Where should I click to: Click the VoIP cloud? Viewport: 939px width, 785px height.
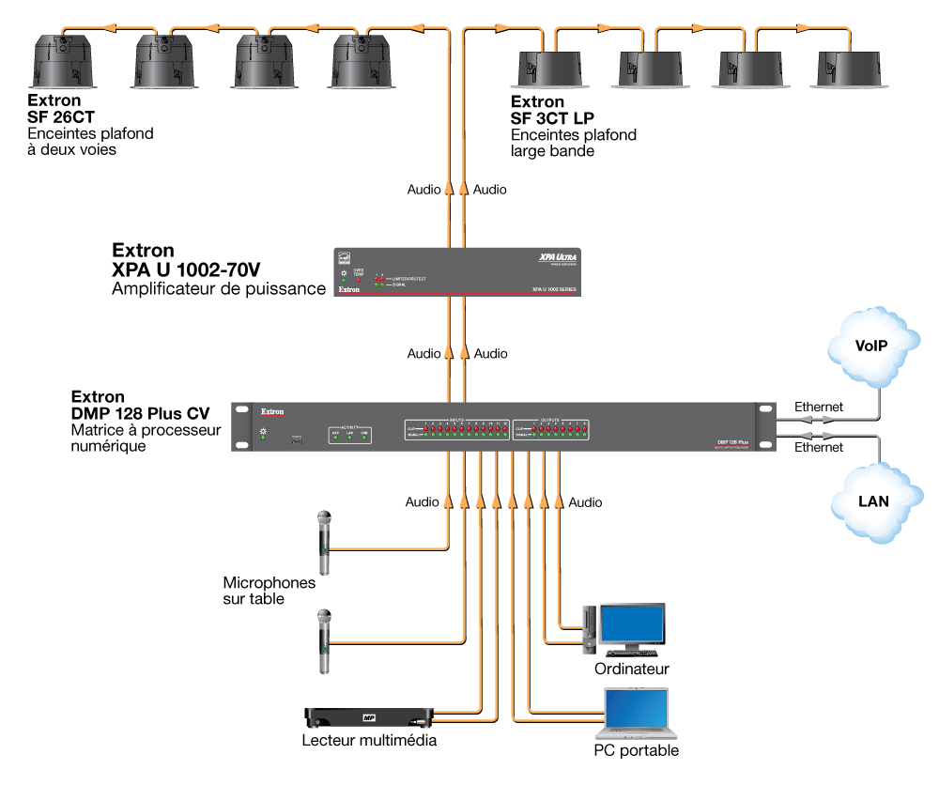(871, 346)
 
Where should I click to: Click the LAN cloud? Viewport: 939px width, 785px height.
(872, 502)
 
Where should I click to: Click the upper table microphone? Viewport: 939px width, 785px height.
(324, 542)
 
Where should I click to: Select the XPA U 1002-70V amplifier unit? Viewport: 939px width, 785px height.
(459, 271)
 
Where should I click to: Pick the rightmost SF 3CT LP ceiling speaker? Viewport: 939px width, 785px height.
(852, 69)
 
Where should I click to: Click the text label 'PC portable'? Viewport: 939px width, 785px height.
(636, 750)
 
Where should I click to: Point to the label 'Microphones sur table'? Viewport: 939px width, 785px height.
(269, 591)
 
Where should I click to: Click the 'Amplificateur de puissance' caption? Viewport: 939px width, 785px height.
(219, 289)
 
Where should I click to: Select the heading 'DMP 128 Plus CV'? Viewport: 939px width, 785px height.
(140, 413)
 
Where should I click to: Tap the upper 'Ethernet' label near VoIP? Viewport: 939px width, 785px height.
(819, 407)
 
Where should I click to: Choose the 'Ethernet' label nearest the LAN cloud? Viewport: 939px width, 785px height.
(819, 448)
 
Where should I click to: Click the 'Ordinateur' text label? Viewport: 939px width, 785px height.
(632, 670)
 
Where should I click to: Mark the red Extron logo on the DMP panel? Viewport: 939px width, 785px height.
(272, 411)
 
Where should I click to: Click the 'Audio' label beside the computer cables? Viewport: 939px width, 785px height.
(585, 502)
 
